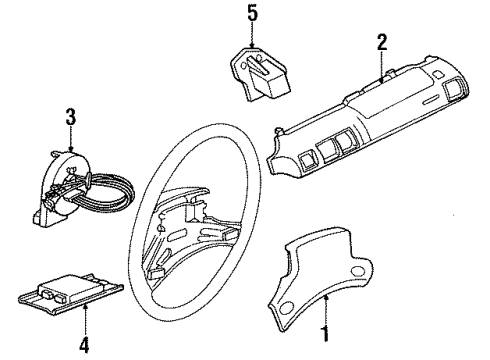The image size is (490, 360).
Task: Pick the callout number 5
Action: pyautogui.click(x=253, y=14)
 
